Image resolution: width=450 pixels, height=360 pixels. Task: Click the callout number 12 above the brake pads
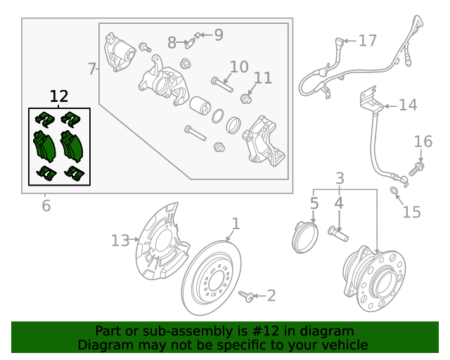59,96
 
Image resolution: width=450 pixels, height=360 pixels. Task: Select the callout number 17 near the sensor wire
368,41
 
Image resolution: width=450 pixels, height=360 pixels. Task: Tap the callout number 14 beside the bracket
408,105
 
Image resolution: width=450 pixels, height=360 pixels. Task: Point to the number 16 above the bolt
423,142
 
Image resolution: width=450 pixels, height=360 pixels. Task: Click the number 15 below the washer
411,212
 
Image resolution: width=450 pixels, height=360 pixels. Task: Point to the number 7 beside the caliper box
92,69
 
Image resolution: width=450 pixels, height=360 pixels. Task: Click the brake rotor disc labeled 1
211,278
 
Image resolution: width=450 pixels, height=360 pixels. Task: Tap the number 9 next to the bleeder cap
218,34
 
